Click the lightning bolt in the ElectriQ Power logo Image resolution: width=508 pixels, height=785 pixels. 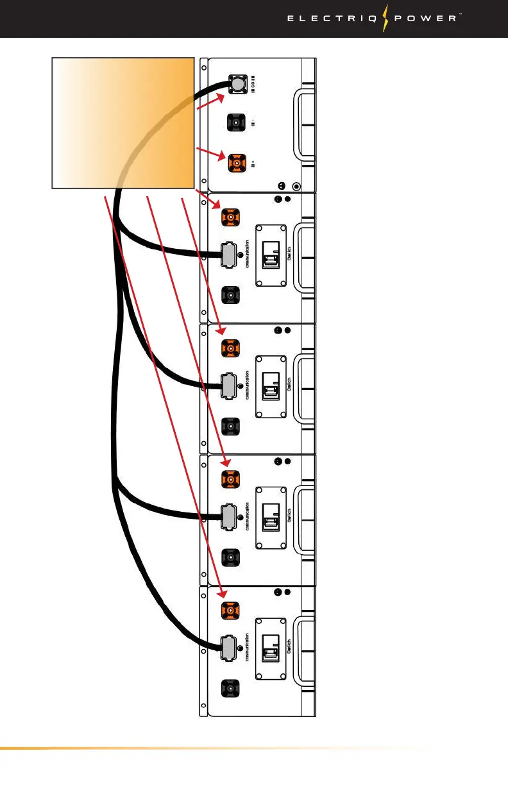(x=385, y=19)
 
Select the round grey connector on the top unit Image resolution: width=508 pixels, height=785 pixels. (x=236, y=85)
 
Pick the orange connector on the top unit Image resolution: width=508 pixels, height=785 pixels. (x=235, y=164)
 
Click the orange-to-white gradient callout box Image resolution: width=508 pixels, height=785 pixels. (x=123, y=122)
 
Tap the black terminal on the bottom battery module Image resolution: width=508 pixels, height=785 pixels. (x=230, y=689)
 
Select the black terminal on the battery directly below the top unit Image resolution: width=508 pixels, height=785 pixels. (x=230, y=296)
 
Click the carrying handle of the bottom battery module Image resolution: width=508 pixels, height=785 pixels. (x=305, y=649)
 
